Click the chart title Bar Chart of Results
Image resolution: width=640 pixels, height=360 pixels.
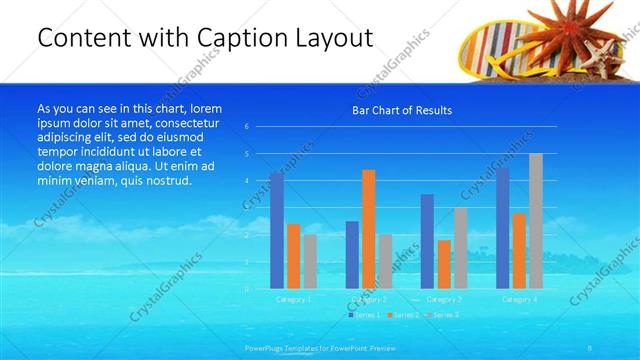(402, 110)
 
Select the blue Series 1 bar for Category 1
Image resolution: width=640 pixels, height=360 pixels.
(277, 230)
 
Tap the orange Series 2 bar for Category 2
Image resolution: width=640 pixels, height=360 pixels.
(369, 229)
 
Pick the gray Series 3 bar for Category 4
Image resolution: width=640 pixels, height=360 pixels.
(536, 221)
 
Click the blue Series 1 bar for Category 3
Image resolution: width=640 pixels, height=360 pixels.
(428, 241)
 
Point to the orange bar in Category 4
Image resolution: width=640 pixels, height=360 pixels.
(519, 250)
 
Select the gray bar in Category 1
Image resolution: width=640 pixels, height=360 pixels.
(311, 261)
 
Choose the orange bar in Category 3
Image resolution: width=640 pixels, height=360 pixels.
(444, 264)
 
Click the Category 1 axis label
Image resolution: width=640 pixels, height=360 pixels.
(294, 299)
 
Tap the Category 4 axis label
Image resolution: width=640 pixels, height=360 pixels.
(519, 299)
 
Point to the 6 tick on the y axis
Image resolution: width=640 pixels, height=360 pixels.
(246, 127)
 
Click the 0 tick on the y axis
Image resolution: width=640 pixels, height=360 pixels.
(246, 288)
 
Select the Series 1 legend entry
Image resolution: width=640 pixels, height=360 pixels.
(365, 315)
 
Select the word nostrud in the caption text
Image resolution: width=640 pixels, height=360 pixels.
(162, 181)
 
